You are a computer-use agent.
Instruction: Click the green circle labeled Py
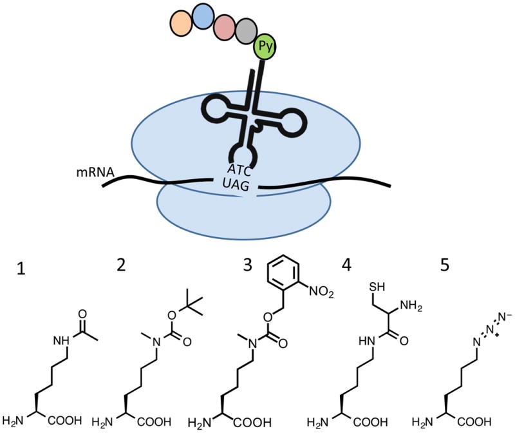tap(265, 47)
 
